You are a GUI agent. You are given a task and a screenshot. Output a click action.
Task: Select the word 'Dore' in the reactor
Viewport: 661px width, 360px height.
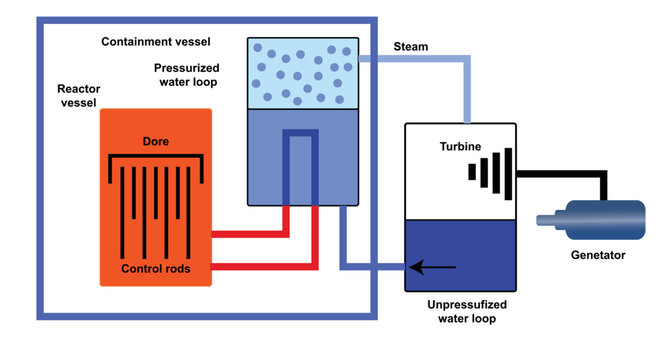pos(155,141)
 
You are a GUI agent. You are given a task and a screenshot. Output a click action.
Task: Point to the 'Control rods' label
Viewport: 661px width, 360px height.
pos(154,269)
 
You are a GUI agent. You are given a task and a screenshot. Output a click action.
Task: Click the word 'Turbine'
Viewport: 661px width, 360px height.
pos(460,147)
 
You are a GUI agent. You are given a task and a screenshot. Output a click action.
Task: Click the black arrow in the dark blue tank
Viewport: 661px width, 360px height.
pos(431,267)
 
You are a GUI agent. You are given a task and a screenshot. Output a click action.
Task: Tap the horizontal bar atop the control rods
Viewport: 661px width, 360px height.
pos(155,159)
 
